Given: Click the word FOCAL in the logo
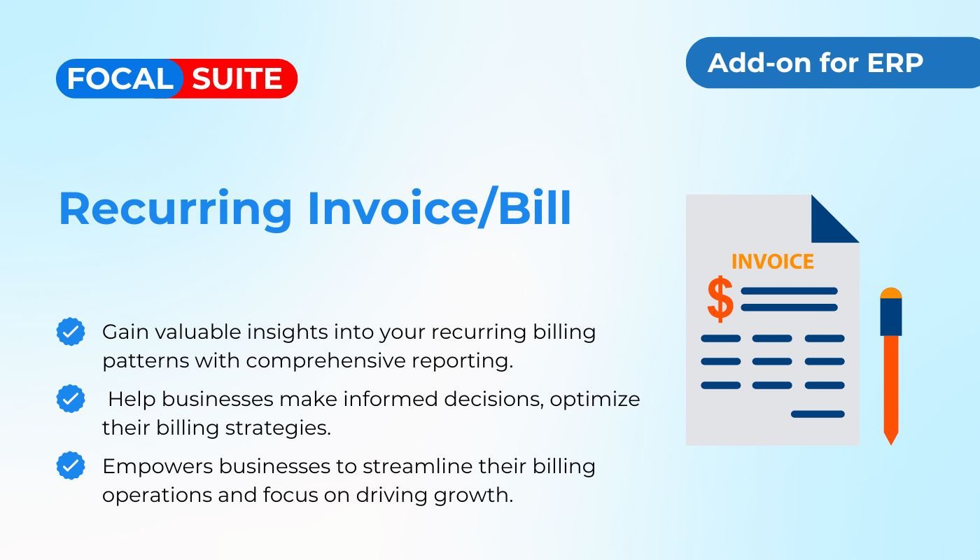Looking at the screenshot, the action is tap(120, 78).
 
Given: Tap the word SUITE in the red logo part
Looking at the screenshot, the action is tap(237, 78).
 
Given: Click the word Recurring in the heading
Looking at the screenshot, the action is tap(175, 209).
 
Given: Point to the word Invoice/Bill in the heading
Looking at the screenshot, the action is tap(440, 207).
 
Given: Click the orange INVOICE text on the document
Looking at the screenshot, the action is tap(773, 262).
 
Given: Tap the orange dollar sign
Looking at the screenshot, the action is tap(720, 300).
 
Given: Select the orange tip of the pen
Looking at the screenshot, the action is tap(890, 437).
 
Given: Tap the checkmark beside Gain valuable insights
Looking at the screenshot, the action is tap(71, 332).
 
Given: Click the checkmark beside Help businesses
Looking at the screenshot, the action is tap(71, 398).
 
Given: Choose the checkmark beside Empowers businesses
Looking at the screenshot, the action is tap(71, 465).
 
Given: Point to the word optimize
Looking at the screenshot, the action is tap(594, 400).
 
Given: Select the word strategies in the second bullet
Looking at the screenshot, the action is tap(279, 428).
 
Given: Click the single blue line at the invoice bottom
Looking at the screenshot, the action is tap(818, 414).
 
